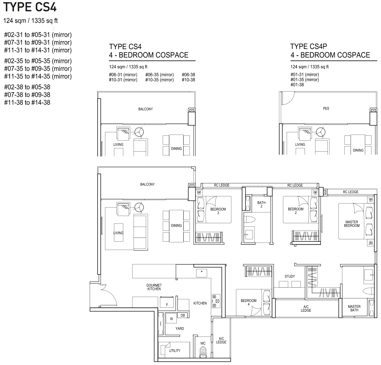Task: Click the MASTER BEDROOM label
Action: click(x=352, y=224)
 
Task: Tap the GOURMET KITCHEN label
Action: click(x=154, y=287)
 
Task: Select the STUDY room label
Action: click(x=290, y=276)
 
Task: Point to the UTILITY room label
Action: click(x=175, y=351)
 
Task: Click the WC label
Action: click(x=203, y=343)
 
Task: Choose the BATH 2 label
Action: click(x=261, y=204)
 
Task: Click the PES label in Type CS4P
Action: click(x=326, y=109)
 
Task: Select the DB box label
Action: click(x=183, y=315)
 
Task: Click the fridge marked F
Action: click(x=167, y=302)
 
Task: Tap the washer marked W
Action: click(x=171, y=318)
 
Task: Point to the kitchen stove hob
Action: click(x=216, y=301)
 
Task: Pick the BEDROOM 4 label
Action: click(x=249, y=302)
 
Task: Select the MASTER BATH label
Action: click(x=354, y=308)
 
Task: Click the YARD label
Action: click(x=180, y=329)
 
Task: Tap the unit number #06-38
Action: click(x=188, y=75)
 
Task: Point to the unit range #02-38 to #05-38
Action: click(x=27, y=87)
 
